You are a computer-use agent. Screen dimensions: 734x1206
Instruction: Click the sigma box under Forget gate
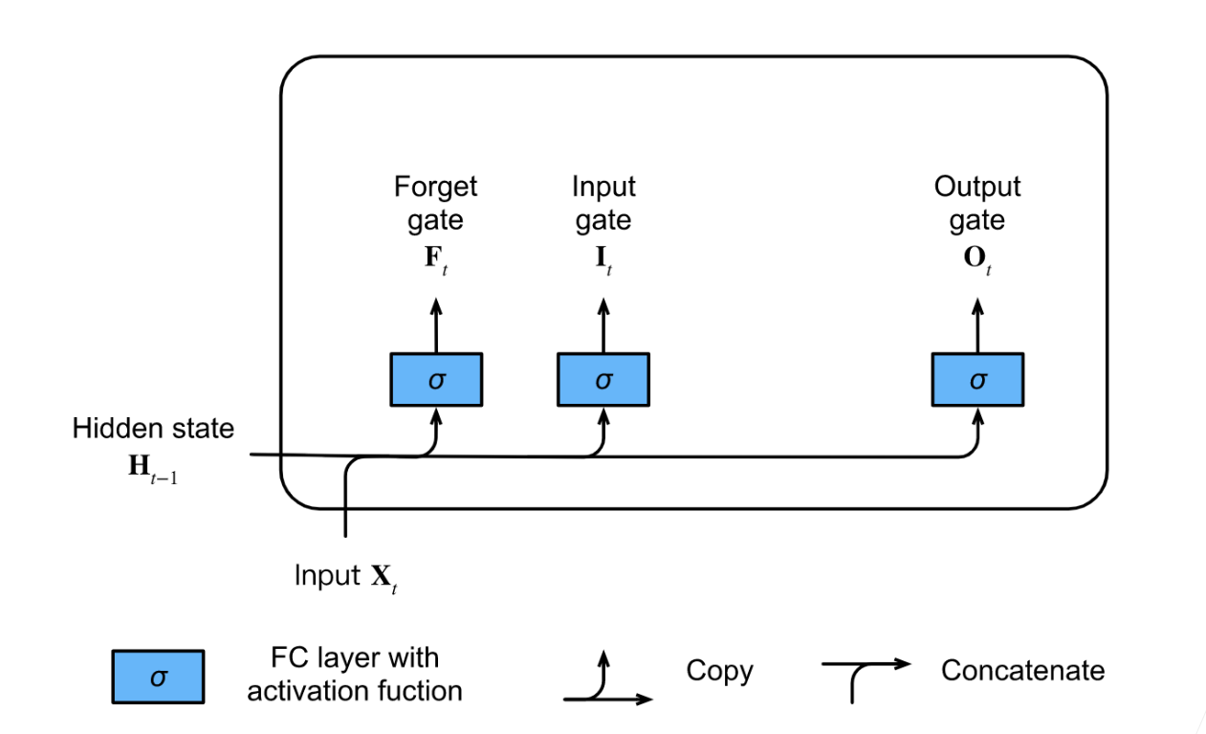[436, 379]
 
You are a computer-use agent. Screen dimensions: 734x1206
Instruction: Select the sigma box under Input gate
[603, 379]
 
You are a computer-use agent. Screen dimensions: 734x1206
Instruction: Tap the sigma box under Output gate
[977, 379]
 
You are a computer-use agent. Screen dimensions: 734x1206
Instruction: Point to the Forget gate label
[435, 203]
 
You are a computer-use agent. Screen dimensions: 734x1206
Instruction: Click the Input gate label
[603, 203]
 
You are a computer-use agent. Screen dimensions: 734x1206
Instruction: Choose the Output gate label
[977, 203]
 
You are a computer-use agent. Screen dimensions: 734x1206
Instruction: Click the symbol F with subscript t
[436, 261]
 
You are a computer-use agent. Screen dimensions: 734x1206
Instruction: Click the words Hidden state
[153, 428]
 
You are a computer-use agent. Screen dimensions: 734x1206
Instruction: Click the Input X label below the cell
[345, 577]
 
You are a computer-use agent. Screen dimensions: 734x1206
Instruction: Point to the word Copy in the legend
[719, 671]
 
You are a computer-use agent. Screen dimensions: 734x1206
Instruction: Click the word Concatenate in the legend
[1022, 671]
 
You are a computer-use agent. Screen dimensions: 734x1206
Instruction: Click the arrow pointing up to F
[436, 324]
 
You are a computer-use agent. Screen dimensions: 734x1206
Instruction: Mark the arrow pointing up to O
[977, 324]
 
